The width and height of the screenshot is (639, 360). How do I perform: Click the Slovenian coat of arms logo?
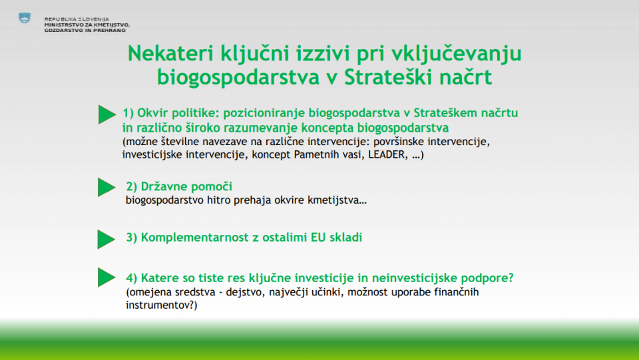[x=25, y=18]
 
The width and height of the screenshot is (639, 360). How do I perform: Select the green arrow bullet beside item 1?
[x=107, y=114]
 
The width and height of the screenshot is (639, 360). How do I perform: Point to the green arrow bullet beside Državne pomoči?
[x=106, y=188]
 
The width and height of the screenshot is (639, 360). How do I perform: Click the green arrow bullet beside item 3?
[x=106, y=239]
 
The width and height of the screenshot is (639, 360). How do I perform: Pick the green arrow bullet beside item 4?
[x=106, y=277]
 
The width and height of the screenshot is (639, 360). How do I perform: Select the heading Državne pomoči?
[x=179, y=186]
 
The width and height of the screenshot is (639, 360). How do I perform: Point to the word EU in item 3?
[x=318, y=238]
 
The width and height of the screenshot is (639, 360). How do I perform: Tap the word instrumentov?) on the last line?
[x=161, y=305]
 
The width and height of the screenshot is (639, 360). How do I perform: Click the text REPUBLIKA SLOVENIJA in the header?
[x=77, y=19]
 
